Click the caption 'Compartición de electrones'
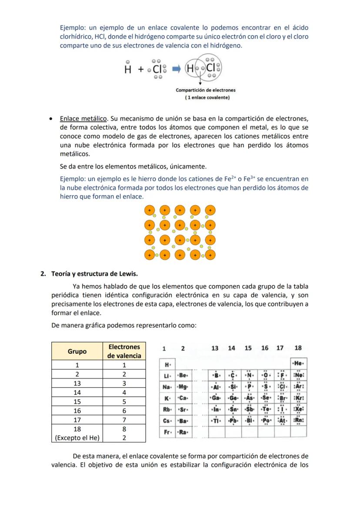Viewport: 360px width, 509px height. click(205, 90)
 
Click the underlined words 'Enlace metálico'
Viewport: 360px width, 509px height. click(83, 119)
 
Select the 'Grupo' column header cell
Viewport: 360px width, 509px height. click(77, 351)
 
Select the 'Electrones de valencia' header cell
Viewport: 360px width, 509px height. click(124, 351)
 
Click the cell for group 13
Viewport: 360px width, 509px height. click(77, 383)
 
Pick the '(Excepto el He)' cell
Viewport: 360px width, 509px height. click(77, 438)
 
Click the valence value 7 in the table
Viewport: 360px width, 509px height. click(124, 419)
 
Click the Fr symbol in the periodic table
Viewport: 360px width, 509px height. click(167, 432)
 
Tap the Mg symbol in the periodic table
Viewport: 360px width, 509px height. click(183, 386)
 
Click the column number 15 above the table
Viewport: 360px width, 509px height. click(248, 348)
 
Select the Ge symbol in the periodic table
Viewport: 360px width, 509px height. click(233, 398)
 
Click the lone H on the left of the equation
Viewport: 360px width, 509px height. click(128, 69)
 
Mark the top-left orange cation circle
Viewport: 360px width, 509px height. click(150, 210)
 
